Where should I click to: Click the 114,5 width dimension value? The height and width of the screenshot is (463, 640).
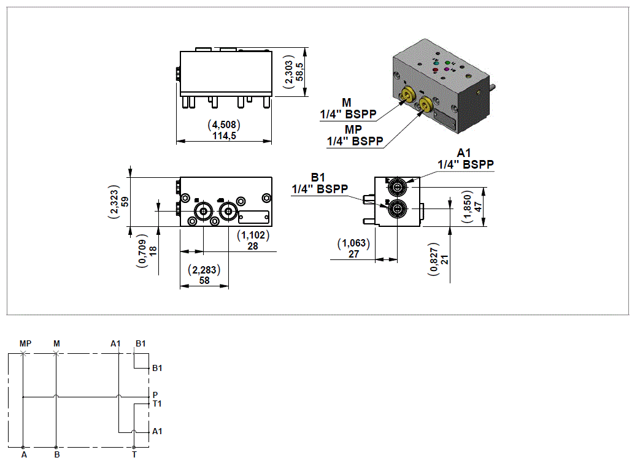[x=223, y=136]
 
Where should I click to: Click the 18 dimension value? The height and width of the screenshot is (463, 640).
[x=153, y=250]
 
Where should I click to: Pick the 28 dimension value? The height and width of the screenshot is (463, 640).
[x=252, y=246]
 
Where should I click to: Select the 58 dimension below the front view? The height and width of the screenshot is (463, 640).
[x=204, y=280]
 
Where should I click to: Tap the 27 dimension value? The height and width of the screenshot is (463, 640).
[x=353, y=254]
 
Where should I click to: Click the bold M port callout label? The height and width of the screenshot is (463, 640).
[x=347, y=102]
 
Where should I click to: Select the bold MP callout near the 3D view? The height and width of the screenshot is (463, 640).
[x=353, y=129]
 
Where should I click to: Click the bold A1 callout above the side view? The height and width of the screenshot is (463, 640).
[x=465, y=153]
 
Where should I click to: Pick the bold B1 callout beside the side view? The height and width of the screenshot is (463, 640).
[x=317, y=177]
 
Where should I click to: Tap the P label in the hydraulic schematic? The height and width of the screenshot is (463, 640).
[x=155, y=394]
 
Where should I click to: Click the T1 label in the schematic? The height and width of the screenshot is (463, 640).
[x=157, y=404]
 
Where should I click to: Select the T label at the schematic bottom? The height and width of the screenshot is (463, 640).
[x=134, y=455]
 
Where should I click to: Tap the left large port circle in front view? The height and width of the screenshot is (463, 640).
[x=202, y=212]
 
